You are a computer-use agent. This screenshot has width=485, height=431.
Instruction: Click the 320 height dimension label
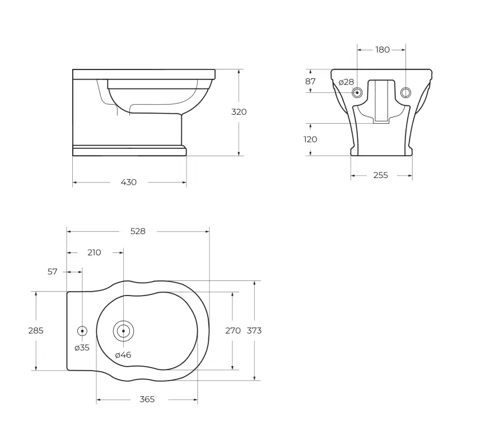239,112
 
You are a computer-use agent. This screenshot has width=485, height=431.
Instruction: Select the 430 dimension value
129,182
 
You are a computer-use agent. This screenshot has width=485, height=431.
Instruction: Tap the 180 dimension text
383,50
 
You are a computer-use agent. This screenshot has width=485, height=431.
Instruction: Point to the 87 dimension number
310,81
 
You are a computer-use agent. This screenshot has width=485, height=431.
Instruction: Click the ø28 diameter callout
346,82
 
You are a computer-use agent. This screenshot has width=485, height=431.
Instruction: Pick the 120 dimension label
310,139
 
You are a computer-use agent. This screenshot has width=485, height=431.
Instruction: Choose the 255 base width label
380,175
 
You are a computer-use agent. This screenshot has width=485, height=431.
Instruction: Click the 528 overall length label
138,231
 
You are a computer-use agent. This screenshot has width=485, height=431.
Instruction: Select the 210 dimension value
94,252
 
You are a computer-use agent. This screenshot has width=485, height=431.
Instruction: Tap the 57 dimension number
52,272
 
